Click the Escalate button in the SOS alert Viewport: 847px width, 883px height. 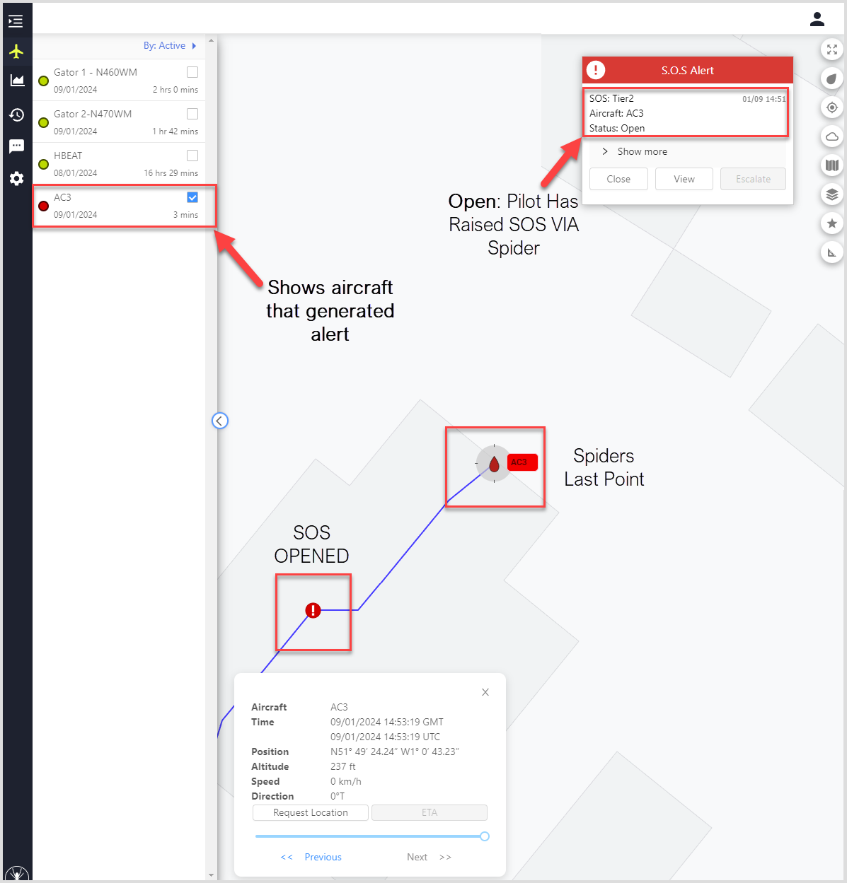753,179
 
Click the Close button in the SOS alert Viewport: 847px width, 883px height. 618,179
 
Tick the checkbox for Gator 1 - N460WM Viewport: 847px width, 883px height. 192,72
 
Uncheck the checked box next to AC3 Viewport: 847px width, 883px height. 192,197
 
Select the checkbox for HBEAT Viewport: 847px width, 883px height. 192,156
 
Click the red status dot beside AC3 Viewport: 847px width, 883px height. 43,206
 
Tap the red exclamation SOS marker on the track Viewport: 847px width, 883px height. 313,610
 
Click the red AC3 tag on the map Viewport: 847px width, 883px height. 522,462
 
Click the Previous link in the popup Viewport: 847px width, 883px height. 323,857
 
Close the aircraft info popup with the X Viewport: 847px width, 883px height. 485,692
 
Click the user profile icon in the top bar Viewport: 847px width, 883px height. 817,19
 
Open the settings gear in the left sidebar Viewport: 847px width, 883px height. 16,178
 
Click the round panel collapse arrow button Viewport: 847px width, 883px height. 220,421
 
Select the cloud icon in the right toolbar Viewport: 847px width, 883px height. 832,136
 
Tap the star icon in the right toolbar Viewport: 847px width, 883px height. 832,223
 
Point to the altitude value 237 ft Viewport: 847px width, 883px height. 343,766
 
